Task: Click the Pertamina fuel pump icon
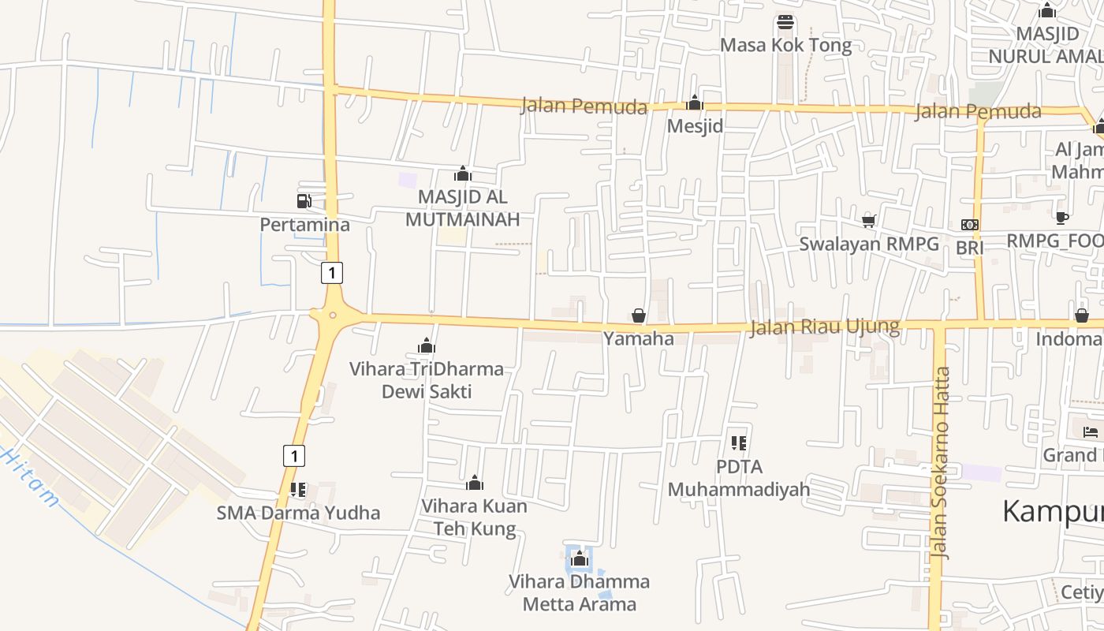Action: click(x=304, y=201)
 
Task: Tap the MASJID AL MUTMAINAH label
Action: click(x=463, y=208)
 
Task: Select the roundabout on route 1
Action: click(x=333, y=315)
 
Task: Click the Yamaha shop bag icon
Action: click(x=639, y=316)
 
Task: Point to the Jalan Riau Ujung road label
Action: click(x=824, y=327)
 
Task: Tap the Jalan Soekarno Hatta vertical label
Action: click(x=940, y=463)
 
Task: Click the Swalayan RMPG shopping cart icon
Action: click(x=868, y=220)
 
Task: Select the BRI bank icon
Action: click(x=970, y=225)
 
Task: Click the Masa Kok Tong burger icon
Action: click(x=785, y=21)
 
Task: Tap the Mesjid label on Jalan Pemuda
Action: click(x=695, y=126)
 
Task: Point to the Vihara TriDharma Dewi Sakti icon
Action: click(x=427, y=345)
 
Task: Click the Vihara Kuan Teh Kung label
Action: click(x=475, y=517)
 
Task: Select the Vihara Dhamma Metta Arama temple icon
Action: click(x=580, y=558)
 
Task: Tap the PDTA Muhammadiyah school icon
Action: click(x=739, y=443)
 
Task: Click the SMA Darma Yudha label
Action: click(x=298, y=513)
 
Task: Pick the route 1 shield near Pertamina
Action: click(x=332, y=273)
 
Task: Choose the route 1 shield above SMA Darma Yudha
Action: click(x=294, y=455)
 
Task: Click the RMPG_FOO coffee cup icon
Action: click(x=1061, y=218)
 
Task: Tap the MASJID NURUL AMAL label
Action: click(x=1046, y=45)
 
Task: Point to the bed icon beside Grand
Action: click(x=1091, y=431)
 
